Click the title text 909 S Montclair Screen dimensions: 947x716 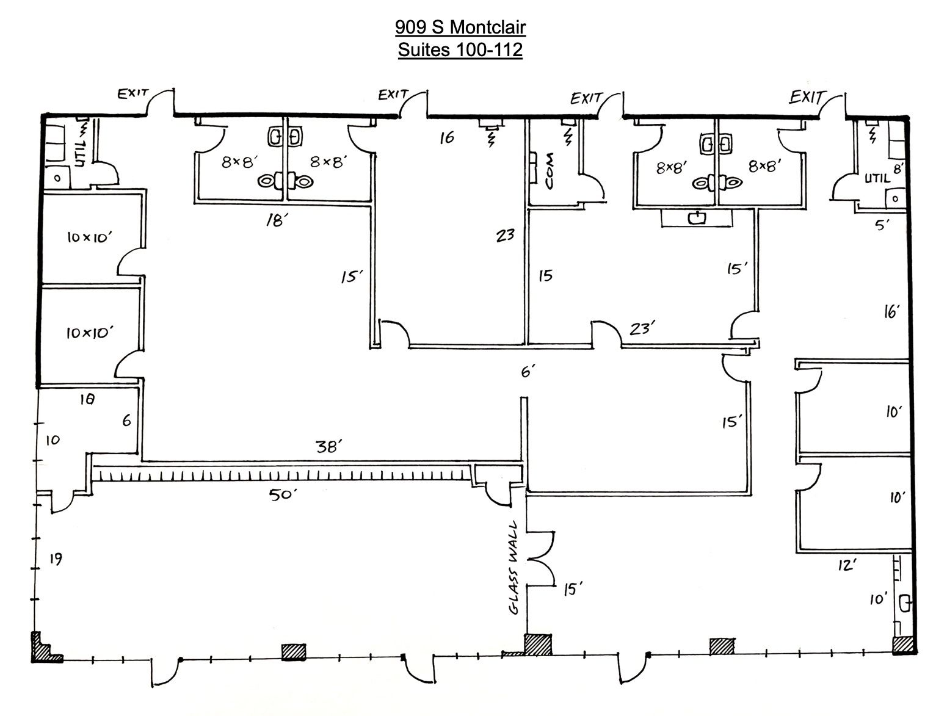(x=460, y=27)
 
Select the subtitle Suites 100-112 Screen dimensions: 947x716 (x=460, y=50)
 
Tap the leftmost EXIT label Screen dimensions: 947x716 (x=133, y=93)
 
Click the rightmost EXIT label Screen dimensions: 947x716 (x=808, y=97)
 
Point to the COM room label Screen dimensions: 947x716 (x=550, y=171)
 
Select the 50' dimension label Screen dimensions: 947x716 (x=283, y=494)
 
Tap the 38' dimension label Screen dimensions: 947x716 (x=329, y=447)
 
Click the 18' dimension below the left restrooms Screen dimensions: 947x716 (x=277, y=220)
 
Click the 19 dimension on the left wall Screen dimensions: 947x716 (x=56, y=559)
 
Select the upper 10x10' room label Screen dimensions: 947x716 (x=90, y=237)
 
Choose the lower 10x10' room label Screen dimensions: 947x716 (x=90, y=333)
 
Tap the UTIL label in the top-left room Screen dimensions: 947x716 (x=81, y=151)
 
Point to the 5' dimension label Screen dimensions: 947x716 (x=882, y=225)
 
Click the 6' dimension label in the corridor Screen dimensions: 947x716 (x=529, y=371)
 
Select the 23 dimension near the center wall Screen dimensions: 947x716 (x=505, y=236)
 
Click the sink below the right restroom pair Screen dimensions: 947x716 (x=696, y=219)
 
